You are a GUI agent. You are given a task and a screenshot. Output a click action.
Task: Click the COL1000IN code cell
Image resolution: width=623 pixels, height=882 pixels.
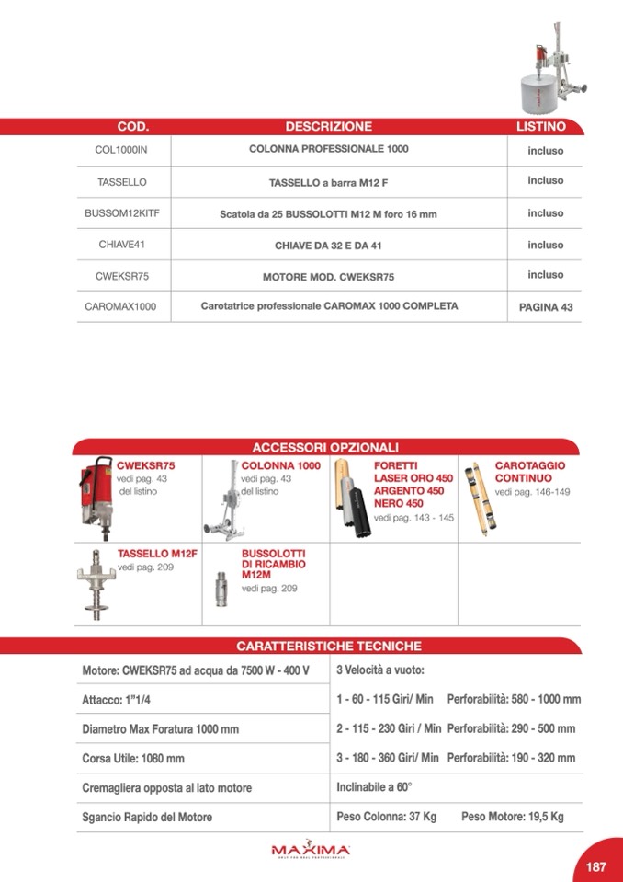click(121, 150)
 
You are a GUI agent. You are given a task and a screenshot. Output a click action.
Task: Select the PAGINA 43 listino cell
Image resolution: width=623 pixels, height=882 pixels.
click(545, 307)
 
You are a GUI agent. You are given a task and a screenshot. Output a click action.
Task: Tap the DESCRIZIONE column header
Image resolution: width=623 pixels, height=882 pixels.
click(328, 127)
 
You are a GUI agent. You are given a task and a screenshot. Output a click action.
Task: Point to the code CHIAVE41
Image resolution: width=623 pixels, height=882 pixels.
click(121, 245)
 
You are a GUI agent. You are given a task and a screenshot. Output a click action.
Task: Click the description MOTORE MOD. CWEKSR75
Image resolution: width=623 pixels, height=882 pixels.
click(328, 276)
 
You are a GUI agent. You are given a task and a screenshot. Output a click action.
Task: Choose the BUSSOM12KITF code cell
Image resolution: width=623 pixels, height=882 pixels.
click(121, 213)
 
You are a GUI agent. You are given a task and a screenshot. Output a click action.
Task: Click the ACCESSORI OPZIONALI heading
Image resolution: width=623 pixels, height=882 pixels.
click(325, 447)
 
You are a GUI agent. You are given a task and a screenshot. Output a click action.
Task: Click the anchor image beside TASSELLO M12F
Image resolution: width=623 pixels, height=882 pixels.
click(95, 585)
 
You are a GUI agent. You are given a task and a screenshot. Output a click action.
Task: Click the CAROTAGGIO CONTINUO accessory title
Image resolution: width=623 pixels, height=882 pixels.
click(529, 473)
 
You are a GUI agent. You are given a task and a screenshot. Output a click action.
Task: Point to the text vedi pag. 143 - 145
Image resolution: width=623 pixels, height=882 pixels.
click(413, 518)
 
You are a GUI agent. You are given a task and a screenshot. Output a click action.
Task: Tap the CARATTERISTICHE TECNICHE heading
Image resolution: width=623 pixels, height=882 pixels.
click(328, 647)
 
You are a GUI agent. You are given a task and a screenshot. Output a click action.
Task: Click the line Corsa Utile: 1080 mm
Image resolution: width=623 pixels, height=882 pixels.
click(133, 759)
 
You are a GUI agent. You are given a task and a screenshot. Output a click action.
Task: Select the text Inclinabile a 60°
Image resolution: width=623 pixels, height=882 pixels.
click(374, 787)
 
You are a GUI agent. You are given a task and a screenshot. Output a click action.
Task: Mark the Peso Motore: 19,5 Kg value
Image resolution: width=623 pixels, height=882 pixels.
click(512, 817)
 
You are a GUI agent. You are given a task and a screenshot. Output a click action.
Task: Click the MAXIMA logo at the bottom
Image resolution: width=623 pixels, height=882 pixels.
click(311, 849)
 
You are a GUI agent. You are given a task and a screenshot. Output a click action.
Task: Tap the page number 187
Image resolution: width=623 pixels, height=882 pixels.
click(595, 866)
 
